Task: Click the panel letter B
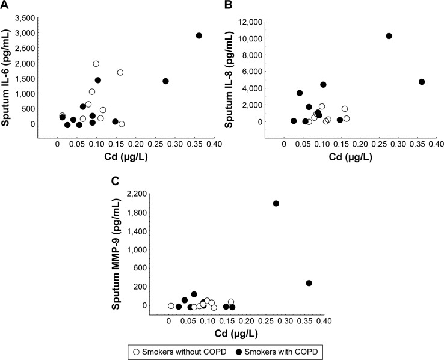coord(229,5)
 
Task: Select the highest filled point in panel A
coord(199,35)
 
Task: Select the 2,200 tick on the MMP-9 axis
coord(147,194)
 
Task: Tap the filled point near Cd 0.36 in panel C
coord(309,283)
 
